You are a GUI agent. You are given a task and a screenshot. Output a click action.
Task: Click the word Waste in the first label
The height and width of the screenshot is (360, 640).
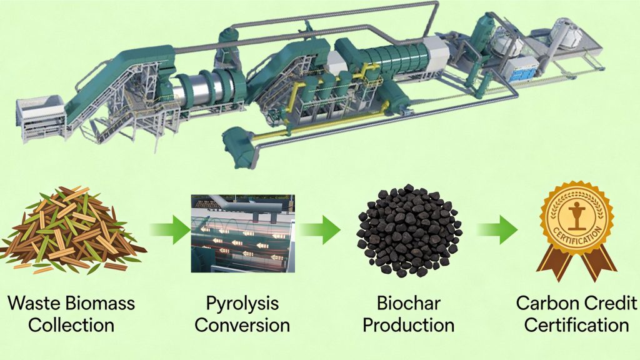click(33, 304)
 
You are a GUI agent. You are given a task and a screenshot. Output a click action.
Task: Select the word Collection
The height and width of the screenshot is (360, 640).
click(71, 326)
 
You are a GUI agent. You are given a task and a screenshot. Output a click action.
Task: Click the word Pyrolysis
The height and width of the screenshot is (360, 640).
click(242, 304)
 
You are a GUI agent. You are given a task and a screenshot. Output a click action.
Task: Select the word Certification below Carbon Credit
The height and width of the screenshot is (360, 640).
click(576, 326)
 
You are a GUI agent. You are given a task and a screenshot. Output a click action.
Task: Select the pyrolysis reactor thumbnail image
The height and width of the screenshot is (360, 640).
click(242, 233)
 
